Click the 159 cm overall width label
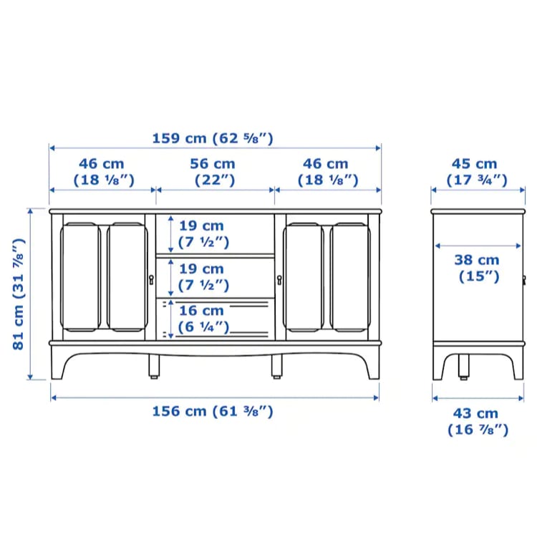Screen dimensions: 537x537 (x=213, y=139)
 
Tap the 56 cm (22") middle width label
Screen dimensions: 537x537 (x=213, y=172)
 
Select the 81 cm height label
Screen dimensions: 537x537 (x=19, y=294)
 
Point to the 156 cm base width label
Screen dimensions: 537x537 (x=213, y=411)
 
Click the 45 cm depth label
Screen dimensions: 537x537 (x=476, y=172)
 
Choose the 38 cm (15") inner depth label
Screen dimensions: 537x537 (x=478, y=268)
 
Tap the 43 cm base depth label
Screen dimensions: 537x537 (x=478, y=422)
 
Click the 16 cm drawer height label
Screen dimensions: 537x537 (x=203, y=319)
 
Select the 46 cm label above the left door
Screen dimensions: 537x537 (x=103, y=172)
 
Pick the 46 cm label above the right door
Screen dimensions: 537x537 (x=327, y=172)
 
